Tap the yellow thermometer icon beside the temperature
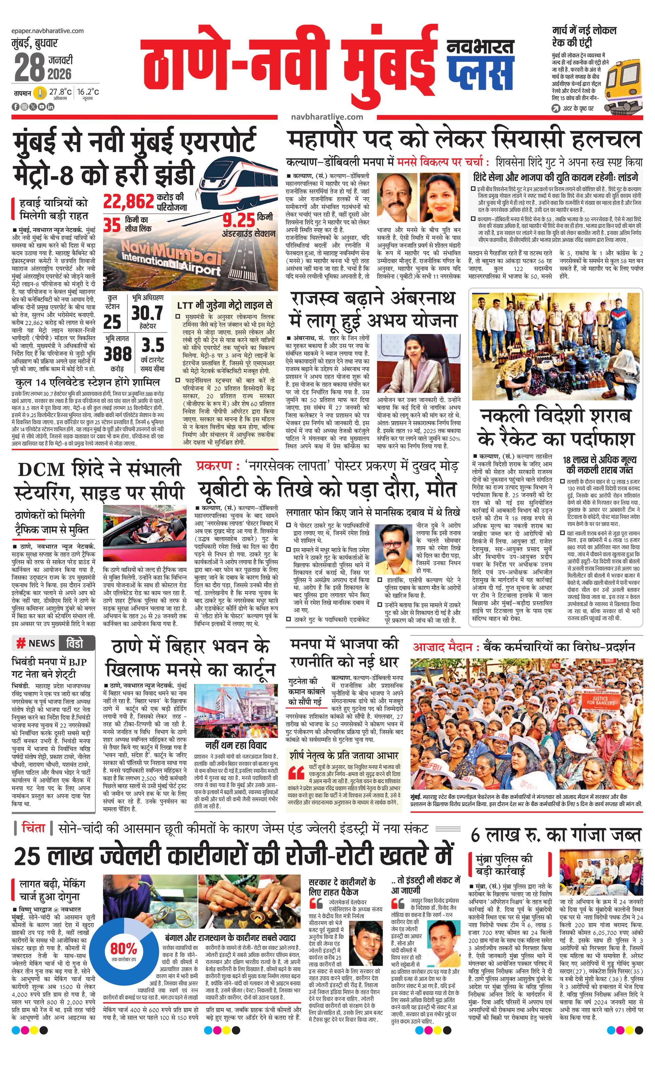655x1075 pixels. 41,93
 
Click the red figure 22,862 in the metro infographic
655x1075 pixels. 128,201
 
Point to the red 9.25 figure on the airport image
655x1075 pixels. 239,220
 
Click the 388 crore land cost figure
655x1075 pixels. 117,353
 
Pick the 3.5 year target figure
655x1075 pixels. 152,345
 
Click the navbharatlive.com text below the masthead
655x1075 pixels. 327,117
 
